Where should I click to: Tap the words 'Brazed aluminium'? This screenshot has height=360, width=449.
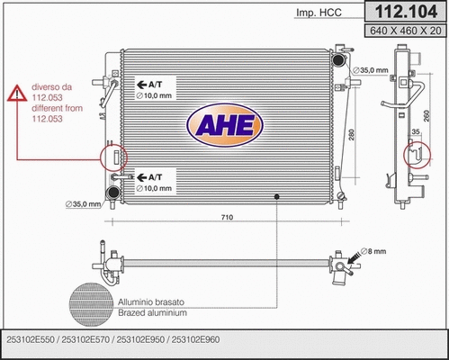152,313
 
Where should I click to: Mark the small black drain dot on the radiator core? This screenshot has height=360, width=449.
276,196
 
